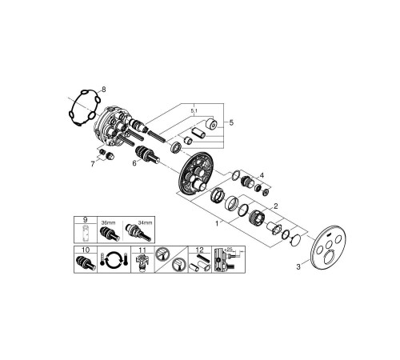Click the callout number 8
pos(103,89)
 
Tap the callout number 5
pos(231,122)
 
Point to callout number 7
pos(93,164)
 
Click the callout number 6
pos(134,162)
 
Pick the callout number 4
pos(262,175)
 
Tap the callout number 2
pos(275,206)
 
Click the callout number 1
pos(217,223)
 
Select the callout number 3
pos(298,266)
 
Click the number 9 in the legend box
pos(85,220)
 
